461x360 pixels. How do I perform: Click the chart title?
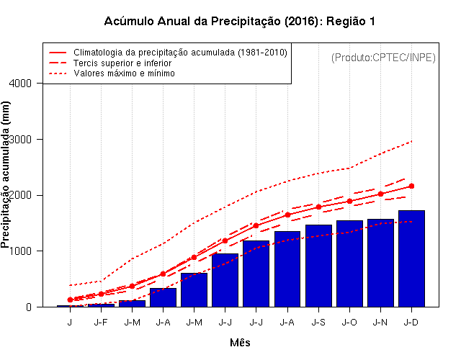pyautogui.click(x=240, y=21)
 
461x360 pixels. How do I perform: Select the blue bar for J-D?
pyautogui.click(x=411, y=259)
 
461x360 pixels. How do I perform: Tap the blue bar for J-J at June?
pyautogui.click(x=225, y=280)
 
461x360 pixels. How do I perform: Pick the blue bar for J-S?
pyautogui.click(x=318, y=266)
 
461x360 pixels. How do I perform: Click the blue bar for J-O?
pyautogui.click(x=349, y=264)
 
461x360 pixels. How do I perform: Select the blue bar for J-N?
pyautogui.click(x=380, y=263)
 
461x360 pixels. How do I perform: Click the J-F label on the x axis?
pyautogui.click(x=101, y=322)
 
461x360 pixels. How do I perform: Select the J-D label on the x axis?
pyautogui.click(x=411, y=322)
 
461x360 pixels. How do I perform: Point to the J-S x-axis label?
pyautogui.click(x=318, y=322)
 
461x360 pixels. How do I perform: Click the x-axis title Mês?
pyautogui.click(x=240, y=343)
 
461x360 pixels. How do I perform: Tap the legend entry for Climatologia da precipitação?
pyautogui.click(x=180, y=53)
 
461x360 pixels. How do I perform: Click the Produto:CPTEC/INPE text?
pyautogui.click(x=383, y=57)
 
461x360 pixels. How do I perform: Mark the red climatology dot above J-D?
pyautogui.click(x=411, y=186)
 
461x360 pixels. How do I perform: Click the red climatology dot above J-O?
pyautogui.click(x=349, y=201)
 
